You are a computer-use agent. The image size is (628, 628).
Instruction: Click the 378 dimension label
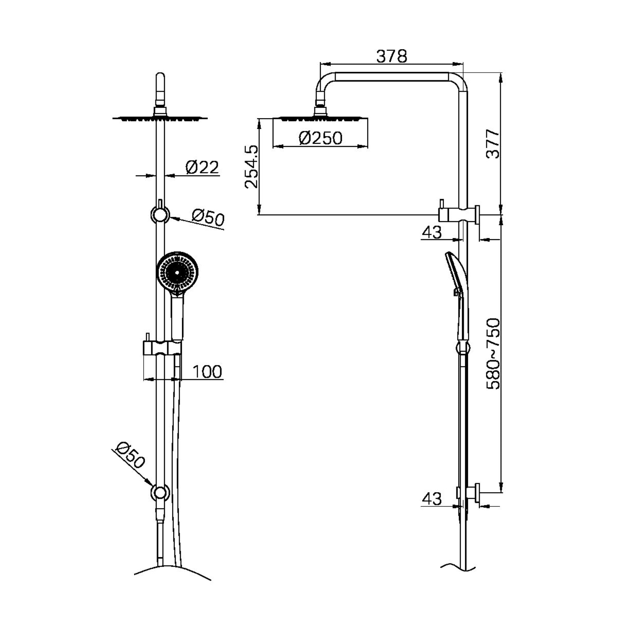(x=391, y=56)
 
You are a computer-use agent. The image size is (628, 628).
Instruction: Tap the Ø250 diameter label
(x=320, y=138)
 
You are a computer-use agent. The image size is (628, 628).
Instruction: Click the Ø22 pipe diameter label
(x=202, y=168)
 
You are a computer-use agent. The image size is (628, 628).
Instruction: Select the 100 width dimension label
(x=207, y=372)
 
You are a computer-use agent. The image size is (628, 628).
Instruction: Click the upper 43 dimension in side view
(x=432, y=232)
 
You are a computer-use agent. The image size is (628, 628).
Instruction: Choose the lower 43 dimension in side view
(x=432, y=499)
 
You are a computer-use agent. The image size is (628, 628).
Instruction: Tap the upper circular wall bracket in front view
(x=160, y=215)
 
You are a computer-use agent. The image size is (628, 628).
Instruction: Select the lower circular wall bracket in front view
(x=160, y=493)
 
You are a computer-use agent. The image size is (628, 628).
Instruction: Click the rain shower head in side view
(x=320, y=118)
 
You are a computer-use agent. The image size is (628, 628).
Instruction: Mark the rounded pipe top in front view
(x=160, y=80)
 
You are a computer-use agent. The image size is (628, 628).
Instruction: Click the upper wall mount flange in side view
(x=477, y=215)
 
